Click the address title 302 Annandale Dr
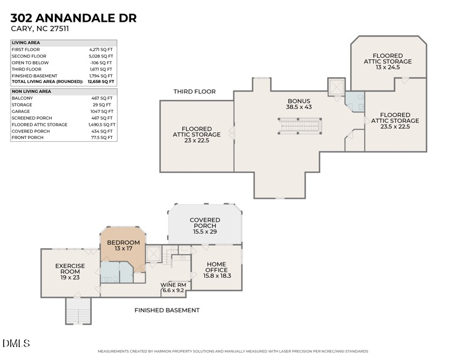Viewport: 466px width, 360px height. (x=74, y=18)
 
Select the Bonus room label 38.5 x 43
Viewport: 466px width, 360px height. (x=299, y=104)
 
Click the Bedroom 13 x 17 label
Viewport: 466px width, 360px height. (x=123, y=246)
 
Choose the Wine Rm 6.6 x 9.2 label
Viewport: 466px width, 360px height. (x=173, y=287)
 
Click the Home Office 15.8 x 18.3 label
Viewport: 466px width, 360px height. (x=217, y=270)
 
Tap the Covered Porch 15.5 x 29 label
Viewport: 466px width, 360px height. (x=205, y=226)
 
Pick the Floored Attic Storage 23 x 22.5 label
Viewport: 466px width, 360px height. (x=197, y=135)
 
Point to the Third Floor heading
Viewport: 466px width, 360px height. (x=194, y=92)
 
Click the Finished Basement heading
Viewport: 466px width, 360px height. (x=167, y=310)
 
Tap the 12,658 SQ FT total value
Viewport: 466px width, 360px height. (x=102, y=82)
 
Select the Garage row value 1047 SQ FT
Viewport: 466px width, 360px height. (x=102, y=111)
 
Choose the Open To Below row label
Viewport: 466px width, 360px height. (x=31, y=62)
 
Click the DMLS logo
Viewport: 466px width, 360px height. (x=16, y=343)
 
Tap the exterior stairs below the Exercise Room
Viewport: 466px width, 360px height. (x=78, y=311)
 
